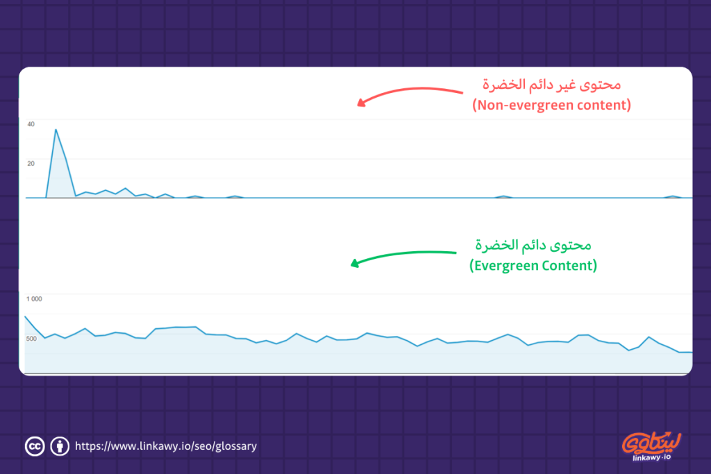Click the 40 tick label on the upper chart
click(31, 124)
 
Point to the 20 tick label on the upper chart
click(31, 164)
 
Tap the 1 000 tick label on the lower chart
click(34, 299)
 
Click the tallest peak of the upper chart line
click(56, 130)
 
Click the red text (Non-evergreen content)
click(551, 106)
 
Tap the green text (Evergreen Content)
click(533, 266)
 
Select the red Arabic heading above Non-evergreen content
click(551, 85)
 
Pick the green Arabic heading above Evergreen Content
click(533, 246)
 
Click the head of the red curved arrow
click(360, 104)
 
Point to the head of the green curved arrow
click(354, 263)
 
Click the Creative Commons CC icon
click(34, 446)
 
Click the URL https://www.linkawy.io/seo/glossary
click(165, 446)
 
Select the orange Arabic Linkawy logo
click(653, 441)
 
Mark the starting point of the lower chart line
click(25, 316)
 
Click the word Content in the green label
click(569, 266)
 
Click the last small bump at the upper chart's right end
click(671, 196)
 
